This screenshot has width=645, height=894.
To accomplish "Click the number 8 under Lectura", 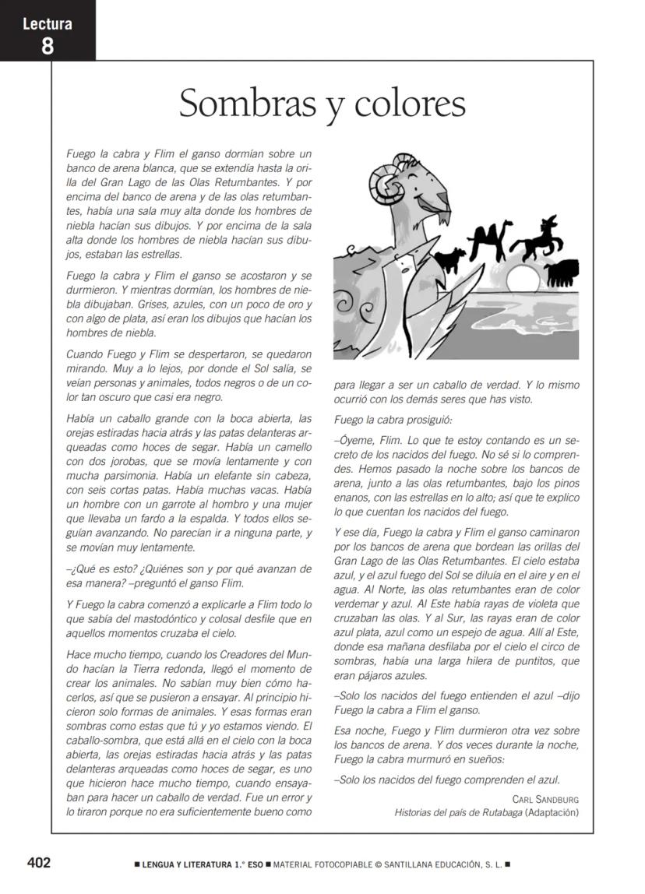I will point(48,45).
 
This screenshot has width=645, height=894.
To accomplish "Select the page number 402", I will point(39,863).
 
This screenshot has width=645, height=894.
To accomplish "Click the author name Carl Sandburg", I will point(545,799).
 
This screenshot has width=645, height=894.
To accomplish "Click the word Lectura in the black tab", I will point(48,23).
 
